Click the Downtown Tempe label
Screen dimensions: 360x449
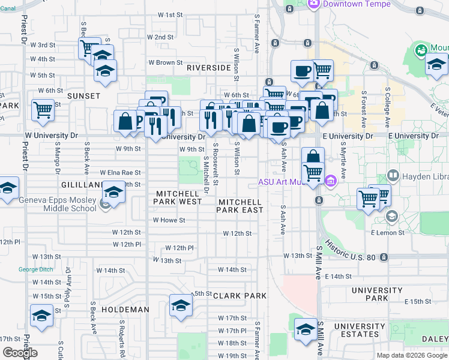pyautogui.click(x=357, y=4)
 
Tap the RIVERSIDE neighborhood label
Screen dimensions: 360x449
pyautogui.click(x=208, y=68)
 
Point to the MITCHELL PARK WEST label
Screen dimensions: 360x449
pyautogui.click(x=178, y=197)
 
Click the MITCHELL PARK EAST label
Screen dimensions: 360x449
pyautogui.click(x=240, y=206)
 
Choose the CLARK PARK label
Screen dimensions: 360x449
pyautogui.click(x=240, y=296)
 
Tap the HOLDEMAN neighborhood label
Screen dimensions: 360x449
pyautogui.click(x=125, y=310)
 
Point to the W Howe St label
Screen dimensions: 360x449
pyautogui.click(x=169, y=220)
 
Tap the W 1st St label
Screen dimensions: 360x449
pyautogui.click(x=170, y=14)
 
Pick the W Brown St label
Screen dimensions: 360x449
pyautogui.click(x=165, y=62)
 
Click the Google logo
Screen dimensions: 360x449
pyautogui.click(x=20, y=353)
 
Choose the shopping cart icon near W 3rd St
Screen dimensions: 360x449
pyautogui.click(x=89, y=47)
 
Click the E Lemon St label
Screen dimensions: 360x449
pyautogui.click(x=385, y=232)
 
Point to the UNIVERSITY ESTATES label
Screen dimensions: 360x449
pyautogui.click(x=360, y=330)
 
